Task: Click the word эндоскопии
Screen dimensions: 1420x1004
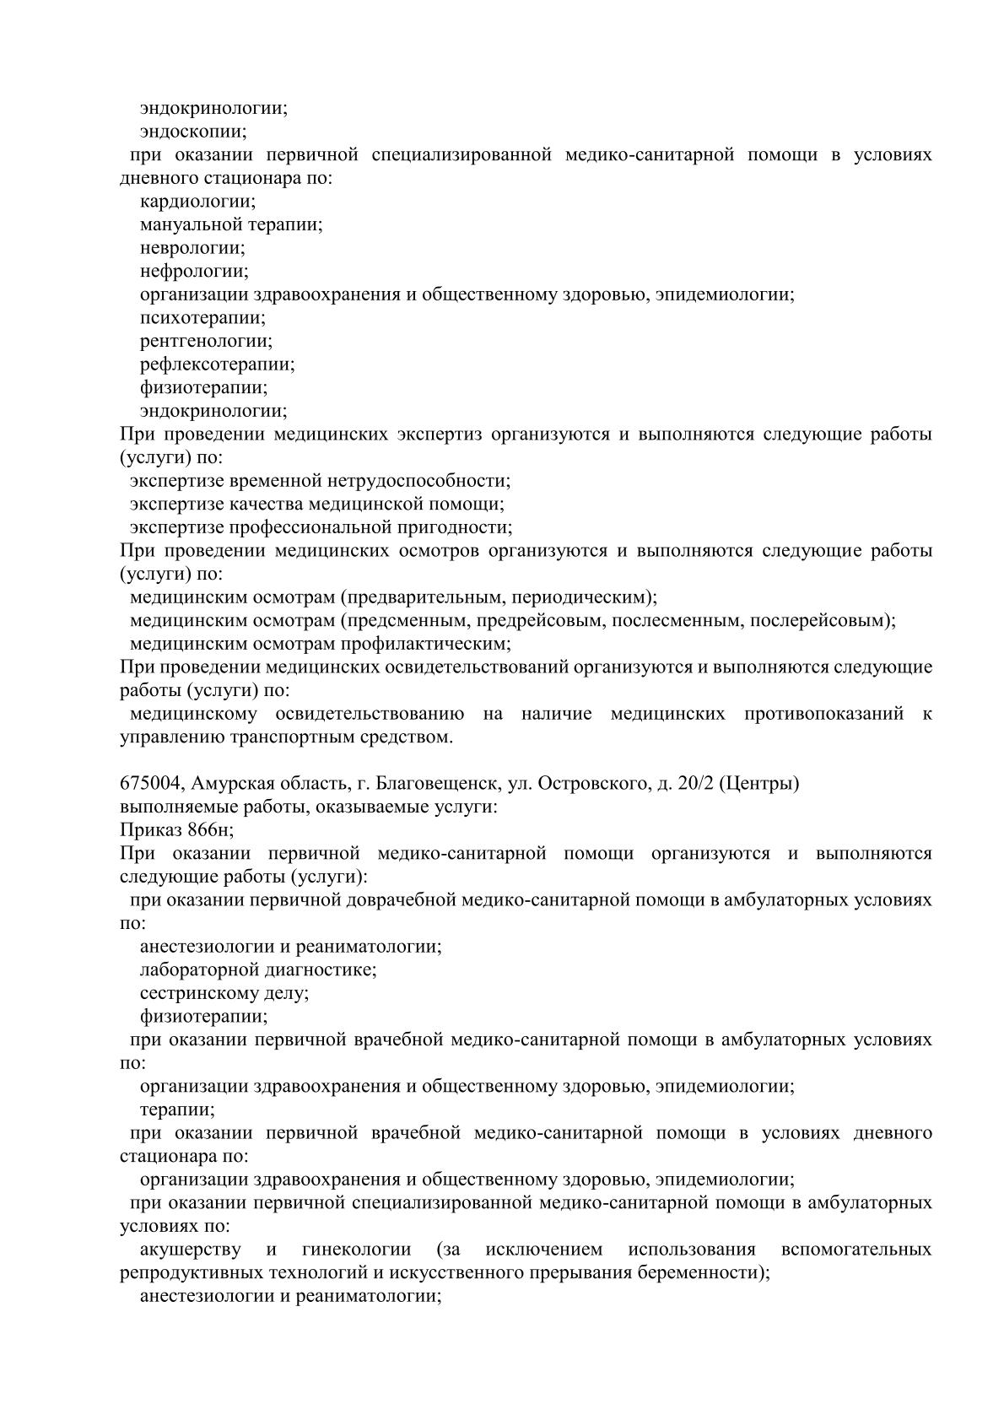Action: tap(193, 132)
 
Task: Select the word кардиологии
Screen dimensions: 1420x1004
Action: tap(197, 202)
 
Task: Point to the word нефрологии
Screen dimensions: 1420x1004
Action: tap(194, 272)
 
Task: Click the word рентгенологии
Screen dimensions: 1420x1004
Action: tap(206, 342)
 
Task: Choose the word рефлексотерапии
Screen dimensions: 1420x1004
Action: tap(217, 364)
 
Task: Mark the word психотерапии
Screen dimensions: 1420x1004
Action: tap(202, 318)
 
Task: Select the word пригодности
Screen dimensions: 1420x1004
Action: tap(457, 527)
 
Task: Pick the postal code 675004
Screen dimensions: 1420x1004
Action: tap(149, 784)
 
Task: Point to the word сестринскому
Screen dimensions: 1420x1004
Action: tap(193, 993)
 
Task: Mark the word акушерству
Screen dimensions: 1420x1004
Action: tap(190, 1250)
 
